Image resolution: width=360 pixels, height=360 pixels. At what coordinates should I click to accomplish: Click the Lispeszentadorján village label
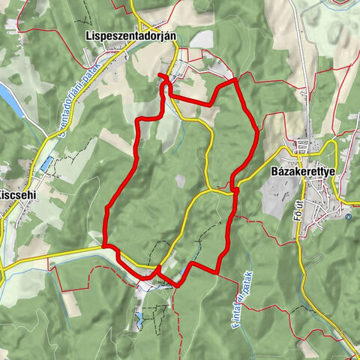pyautogui.click(x=132, y=35)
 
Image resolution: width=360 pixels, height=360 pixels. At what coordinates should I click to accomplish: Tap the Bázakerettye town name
pyautogui.click(x=303, y=171)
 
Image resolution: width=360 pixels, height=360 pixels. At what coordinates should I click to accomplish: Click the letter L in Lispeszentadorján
pyautogui.click(x=88, y=35)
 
